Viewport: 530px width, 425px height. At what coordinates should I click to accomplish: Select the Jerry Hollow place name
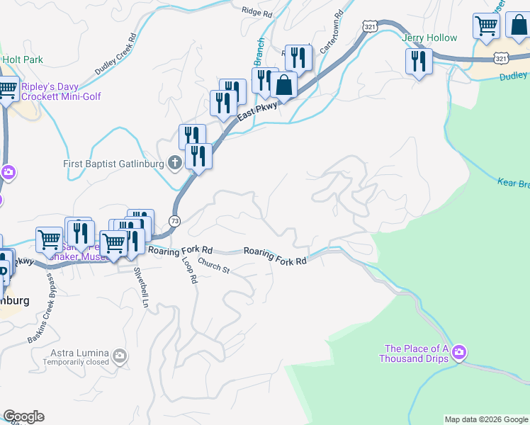point(429,38)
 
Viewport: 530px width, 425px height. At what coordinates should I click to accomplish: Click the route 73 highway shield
point(175,222)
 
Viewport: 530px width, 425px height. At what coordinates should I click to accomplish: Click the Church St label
point(214,266)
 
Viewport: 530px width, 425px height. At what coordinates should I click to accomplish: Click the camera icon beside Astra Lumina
point(120,355)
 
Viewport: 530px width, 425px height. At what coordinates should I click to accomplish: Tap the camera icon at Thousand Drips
point(459,352)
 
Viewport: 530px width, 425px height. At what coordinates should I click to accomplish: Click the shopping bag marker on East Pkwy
point(283,85)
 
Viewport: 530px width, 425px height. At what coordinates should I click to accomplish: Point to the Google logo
point(23,416)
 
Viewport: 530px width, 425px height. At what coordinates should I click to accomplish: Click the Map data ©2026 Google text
point(485,419)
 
